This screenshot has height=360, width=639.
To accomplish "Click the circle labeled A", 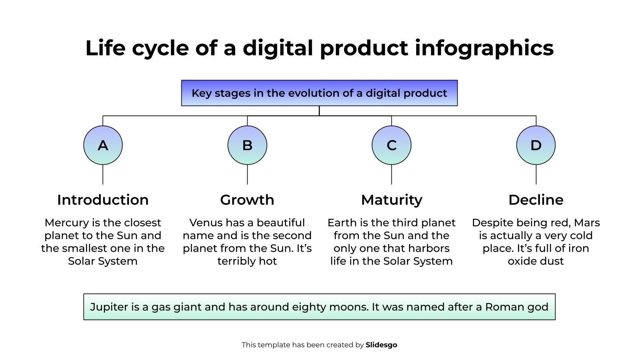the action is [x=103, y=145].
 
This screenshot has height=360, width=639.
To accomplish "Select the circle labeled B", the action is [x=247, y=145].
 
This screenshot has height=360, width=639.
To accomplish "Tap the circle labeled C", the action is [x=392, y=145].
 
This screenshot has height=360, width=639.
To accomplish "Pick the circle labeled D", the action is [x=536, y=145].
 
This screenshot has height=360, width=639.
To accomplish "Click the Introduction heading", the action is [x=103, y=200].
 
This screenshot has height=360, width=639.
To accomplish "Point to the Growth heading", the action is [x=247, y=200].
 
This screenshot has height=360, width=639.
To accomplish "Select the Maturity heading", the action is [x=392, y=200].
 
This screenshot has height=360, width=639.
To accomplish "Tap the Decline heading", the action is [x=536, y=200].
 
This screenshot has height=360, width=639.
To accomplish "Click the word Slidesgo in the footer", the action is [x=381, y=345].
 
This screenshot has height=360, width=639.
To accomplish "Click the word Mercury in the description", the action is [x=67, y=223].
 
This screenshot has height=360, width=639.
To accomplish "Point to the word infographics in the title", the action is [x=484, y=48].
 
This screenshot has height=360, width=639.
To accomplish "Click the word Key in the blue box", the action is [x=202, y=94].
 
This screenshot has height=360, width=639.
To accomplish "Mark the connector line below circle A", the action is [x=103, y=174].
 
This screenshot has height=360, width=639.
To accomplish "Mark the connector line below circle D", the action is [x=536, y=174].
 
